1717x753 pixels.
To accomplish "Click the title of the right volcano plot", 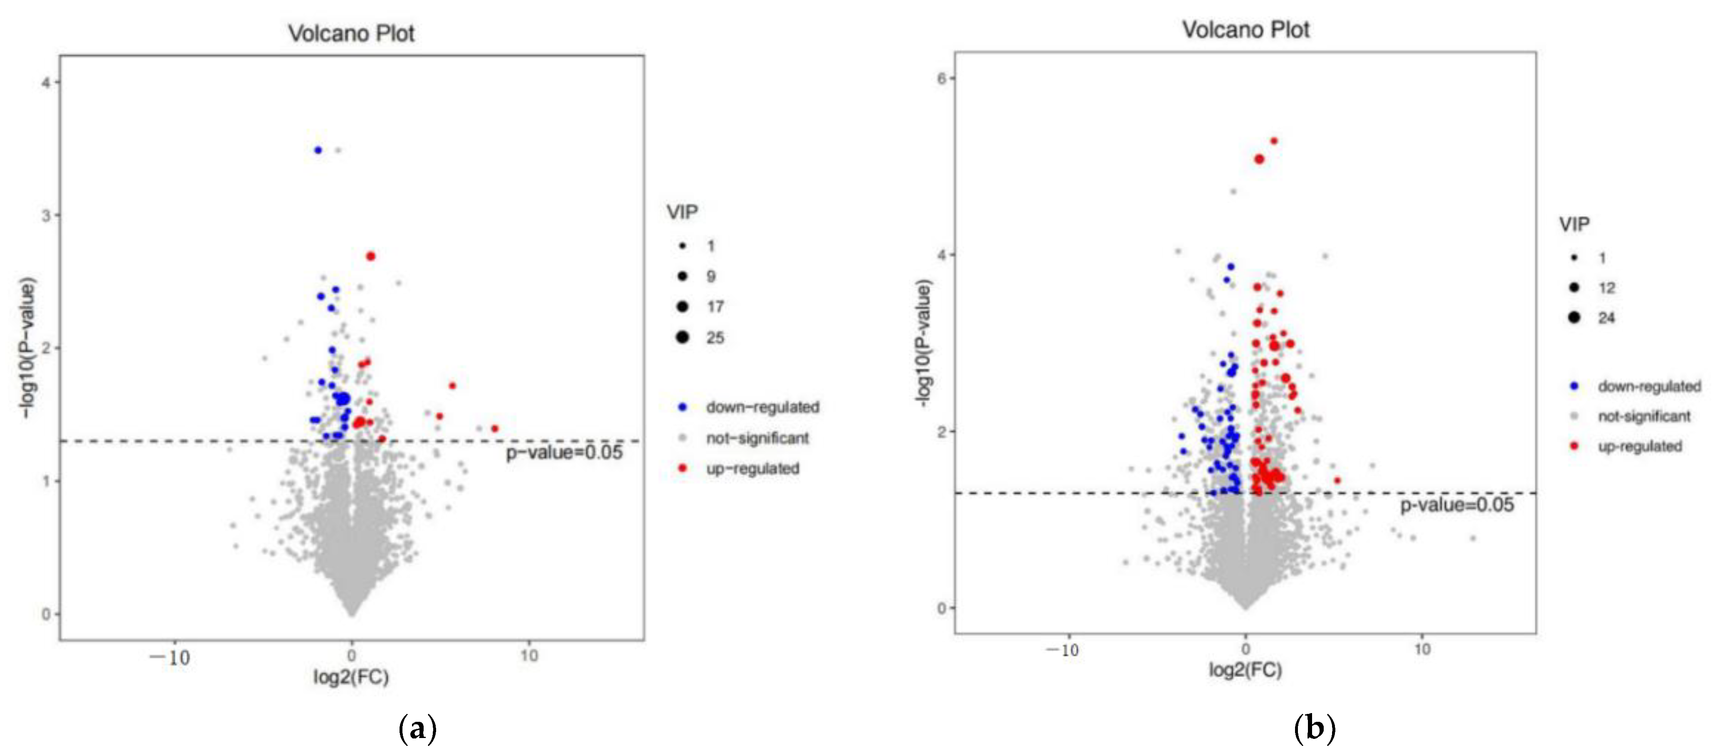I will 1245,30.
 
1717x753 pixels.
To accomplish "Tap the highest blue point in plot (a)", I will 318,151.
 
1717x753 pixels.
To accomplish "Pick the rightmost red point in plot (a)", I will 495,429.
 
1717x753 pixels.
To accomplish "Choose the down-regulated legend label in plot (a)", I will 762,407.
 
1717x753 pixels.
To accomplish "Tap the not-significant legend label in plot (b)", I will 1644,417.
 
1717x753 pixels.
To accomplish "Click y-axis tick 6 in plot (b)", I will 941,79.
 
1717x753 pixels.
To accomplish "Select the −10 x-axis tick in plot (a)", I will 170,658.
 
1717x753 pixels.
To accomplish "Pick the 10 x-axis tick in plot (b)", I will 1422,650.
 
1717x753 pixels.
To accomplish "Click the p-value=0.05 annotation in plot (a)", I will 564,453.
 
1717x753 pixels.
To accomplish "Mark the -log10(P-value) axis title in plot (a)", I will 27,348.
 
